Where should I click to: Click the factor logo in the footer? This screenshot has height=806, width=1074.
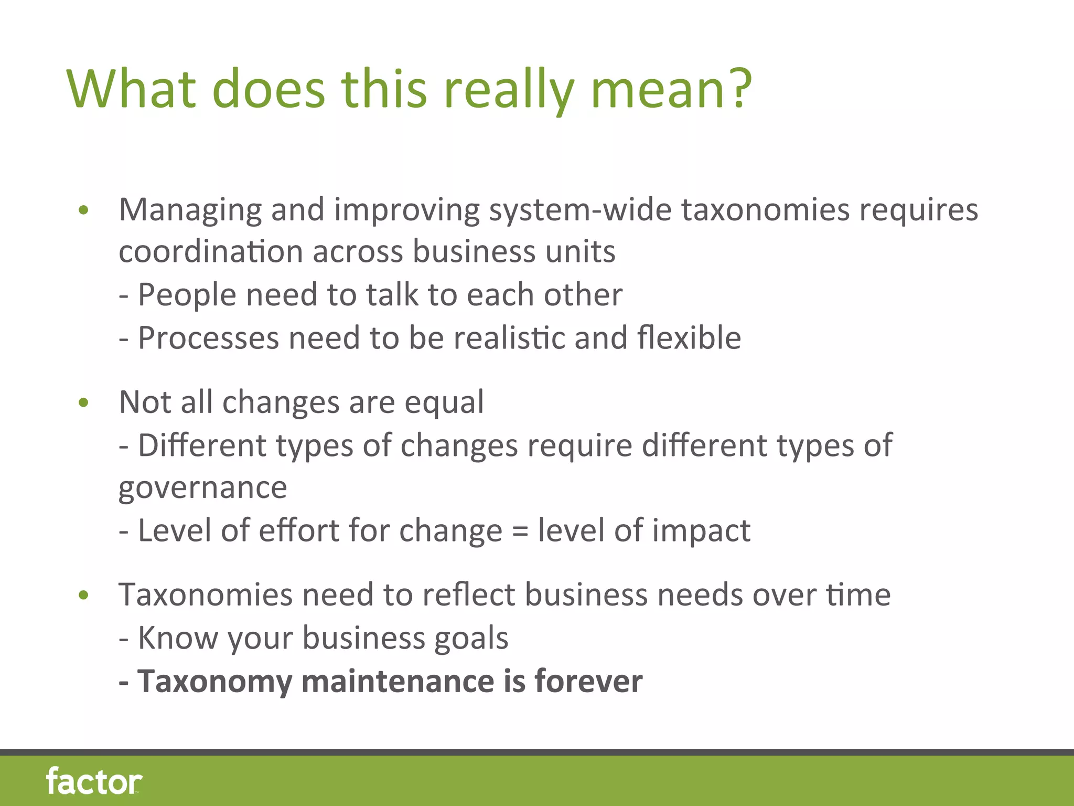click(x=94, y=781)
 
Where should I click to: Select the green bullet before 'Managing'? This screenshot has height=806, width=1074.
click(x=83, y=211)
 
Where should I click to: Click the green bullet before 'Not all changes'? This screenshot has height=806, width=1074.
click(x=83, y=403)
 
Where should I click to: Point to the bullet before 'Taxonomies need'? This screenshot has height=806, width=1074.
click(x=83, y=596)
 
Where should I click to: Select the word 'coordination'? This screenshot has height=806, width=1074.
click(x=210, y=252)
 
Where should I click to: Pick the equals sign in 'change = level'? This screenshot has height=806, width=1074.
click(x=520, y=531)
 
